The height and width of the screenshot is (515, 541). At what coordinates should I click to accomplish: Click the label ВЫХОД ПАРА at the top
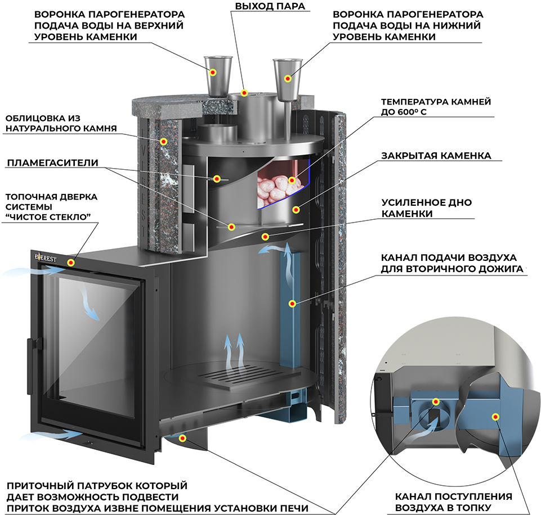pos(270,6)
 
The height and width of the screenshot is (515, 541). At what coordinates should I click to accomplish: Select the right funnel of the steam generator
pos(287,80)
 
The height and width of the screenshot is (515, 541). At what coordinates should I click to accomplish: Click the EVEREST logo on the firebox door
pos(46,258)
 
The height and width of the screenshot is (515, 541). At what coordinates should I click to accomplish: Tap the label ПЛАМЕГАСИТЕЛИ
pos(52,162)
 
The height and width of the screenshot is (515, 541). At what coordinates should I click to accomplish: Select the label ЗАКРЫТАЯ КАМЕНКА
pos(436,156)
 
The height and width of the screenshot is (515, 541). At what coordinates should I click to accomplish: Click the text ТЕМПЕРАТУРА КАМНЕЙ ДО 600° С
pos(436,107)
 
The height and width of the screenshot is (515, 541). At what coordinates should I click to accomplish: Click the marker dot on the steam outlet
pos(244,93)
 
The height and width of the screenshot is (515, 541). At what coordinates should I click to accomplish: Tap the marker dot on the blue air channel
pos(292,304)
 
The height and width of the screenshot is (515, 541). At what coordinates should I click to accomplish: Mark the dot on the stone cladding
pos(164,141)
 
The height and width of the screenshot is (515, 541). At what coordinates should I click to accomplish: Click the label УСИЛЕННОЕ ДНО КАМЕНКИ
pos(427,207)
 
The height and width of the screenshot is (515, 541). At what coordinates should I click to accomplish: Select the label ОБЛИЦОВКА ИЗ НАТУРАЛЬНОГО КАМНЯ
pos(61,123)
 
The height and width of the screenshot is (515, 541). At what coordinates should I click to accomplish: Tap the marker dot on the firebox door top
pos(71,263)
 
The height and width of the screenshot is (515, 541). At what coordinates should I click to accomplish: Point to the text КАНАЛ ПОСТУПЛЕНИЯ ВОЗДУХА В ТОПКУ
pos(453,502)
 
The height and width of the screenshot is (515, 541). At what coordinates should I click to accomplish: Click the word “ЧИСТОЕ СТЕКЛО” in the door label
pos(48,217)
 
